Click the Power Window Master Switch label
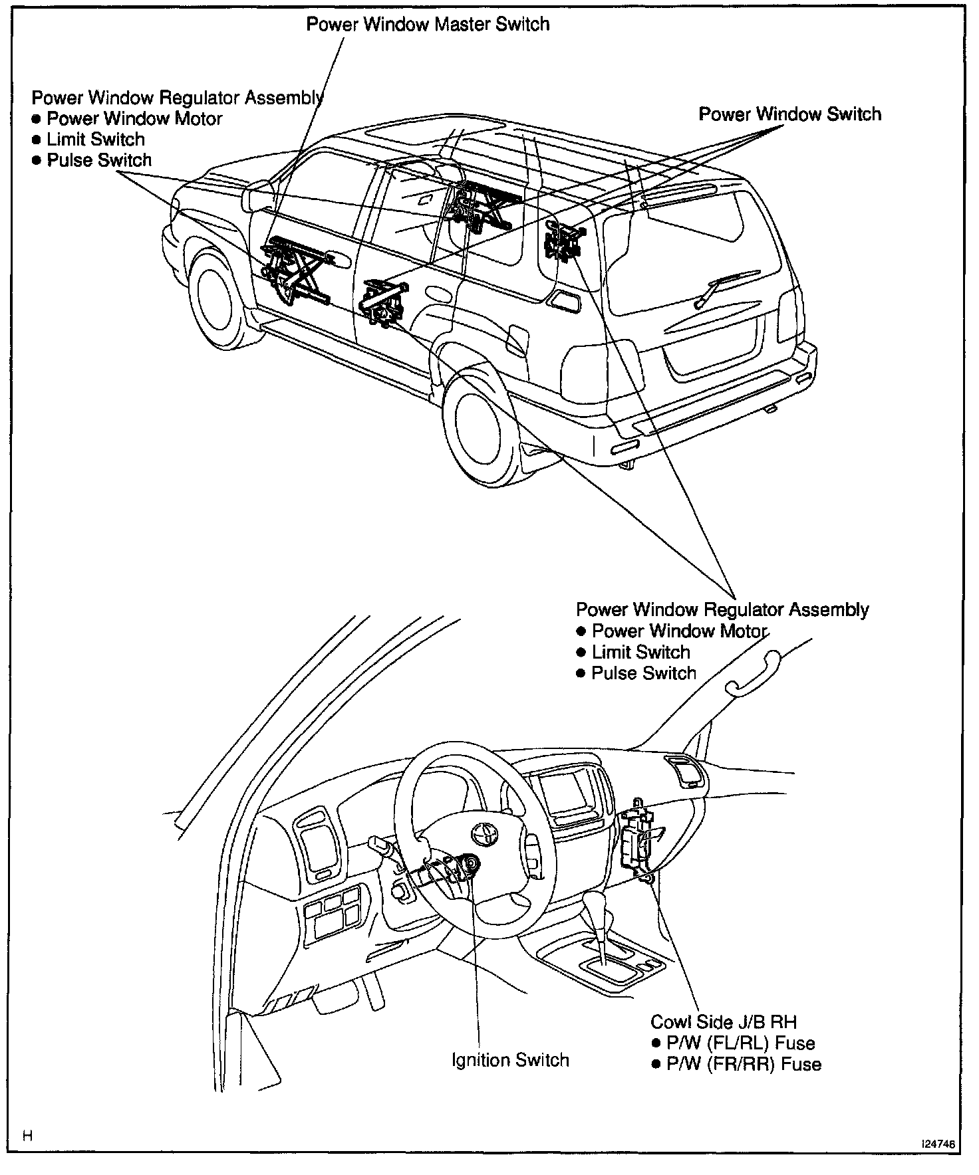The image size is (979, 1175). tap(428, 25)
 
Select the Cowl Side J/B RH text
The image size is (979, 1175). tap(723, 1021)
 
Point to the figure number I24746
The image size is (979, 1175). tap(938, 1144)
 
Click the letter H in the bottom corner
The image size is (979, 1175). tap(28, 1134)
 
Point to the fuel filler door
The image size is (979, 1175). tap(518, 339)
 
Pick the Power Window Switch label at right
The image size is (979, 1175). tap(789, 114)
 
